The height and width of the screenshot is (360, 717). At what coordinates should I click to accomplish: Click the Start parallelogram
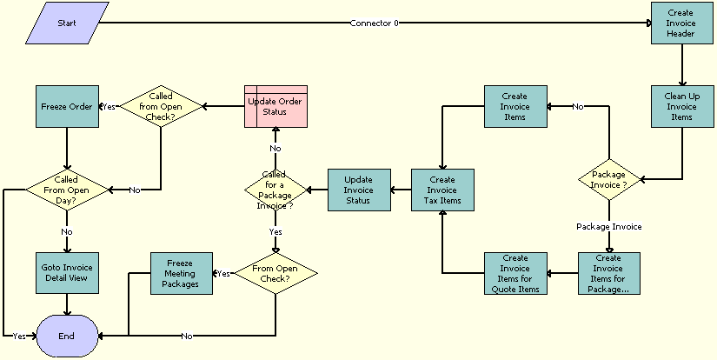click(x=67, y=23)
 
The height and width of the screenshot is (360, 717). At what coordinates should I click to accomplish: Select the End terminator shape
click(x=66, y=336)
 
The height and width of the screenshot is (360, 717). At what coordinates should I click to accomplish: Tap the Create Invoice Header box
click(x=682, y=23)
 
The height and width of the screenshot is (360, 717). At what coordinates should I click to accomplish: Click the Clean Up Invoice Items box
click(x=682, y=106)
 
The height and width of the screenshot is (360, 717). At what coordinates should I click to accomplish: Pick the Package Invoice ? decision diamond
click(x=608, y=180)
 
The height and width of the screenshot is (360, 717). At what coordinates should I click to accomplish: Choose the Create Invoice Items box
click(x=515, y=106)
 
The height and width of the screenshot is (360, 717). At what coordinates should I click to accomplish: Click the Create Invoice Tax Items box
click(x=443, y=190)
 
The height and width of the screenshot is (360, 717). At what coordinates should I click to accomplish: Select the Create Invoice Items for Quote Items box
click(x=515, y=273)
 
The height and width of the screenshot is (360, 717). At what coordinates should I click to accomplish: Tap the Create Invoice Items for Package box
click(x=608, y=273)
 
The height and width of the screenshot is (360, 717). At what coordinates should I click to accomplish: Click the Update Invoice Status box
click(x=359, y=190)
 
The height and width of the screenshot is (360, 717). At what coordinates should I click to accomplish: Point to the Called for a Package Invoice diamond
click(x=276, y=190)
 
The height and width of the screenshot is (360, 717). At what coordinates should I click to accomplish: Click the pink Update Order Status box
click(x=276, y=106)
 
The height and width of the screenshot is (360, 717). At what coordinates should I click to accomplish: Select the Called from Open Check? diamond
click(x=161, y=107)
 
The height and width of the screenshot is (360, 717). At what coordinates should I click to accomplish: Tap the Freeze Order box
click(x=67, y=106)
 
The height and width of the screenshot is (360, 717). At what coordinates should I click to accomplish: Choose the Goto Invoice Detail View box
click(x=67, y=273)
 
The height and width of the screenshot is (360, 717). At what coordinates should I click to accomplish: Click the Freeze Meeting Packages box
click(x=182, y=273)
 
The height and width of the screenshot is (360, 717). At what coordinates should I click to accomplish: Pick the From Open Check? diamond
click(x=276, y=273)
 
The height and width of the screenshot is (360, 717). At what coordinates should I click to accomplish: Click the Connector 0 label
click(x=374, y=23)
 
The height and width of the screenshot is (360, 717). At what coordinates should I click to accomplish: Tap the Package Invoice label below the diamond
click(x=608, y=226)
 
